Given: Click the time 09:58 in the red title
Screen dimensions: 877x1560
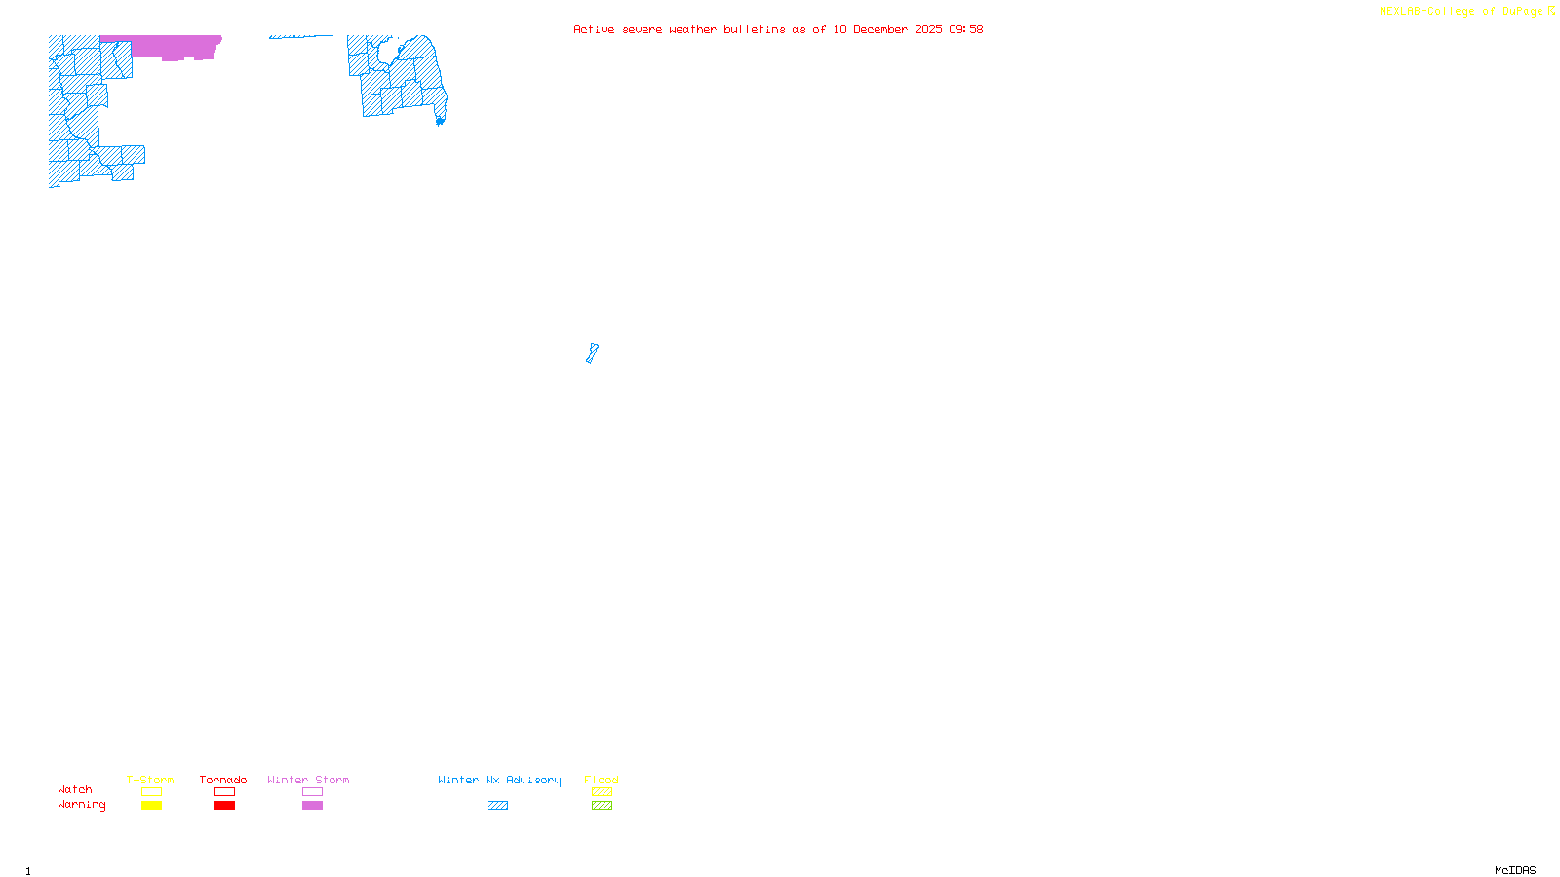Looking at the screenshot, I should coord(965,29).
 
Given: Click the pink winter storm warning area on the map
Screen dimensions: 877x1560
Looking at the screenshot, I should coord(175,47).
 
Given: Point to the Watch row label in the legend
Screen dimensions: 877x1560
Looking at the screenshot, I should coord(75,789).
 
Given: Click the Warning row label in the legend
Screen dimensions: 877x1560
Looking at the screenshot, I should coord(81,805).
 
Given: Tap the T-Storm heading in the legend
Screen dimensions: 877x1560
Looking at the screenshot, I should coord(150,780).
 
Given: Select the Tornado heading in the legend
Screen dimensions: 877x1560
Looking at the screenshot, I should coord(223,780).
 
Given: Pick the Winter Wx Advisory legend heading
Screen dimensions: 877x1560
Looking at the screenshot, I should coord(499,780).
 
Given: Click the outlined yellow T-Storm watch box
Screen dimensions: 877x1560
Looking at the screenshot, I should coord(151,792).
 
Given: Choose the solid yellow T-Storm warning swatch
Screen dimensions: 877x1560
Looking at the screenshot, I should coord(151,806).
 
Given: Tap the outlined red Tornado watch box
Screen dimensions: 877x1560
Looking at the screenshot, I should coord(224,792).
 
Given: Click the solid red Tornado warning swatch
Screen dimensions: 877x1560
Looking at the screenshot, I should coord(224,806).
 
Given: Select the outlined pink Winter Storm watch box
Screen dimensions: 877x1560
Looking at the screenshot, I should coord(312,792).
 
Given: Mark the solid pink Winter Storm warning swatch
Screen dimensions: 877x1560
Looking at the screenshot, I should coord(312,806).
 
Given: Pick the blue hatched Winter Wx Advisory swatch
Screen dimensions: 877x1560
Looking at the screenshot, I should coord(497,806).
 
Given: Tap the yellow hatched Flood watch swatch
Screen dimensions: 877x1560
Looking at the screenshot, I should coord(602,792).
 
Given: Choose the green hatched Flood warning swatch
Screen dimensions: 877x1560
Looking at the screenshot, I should coord(602,806).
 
